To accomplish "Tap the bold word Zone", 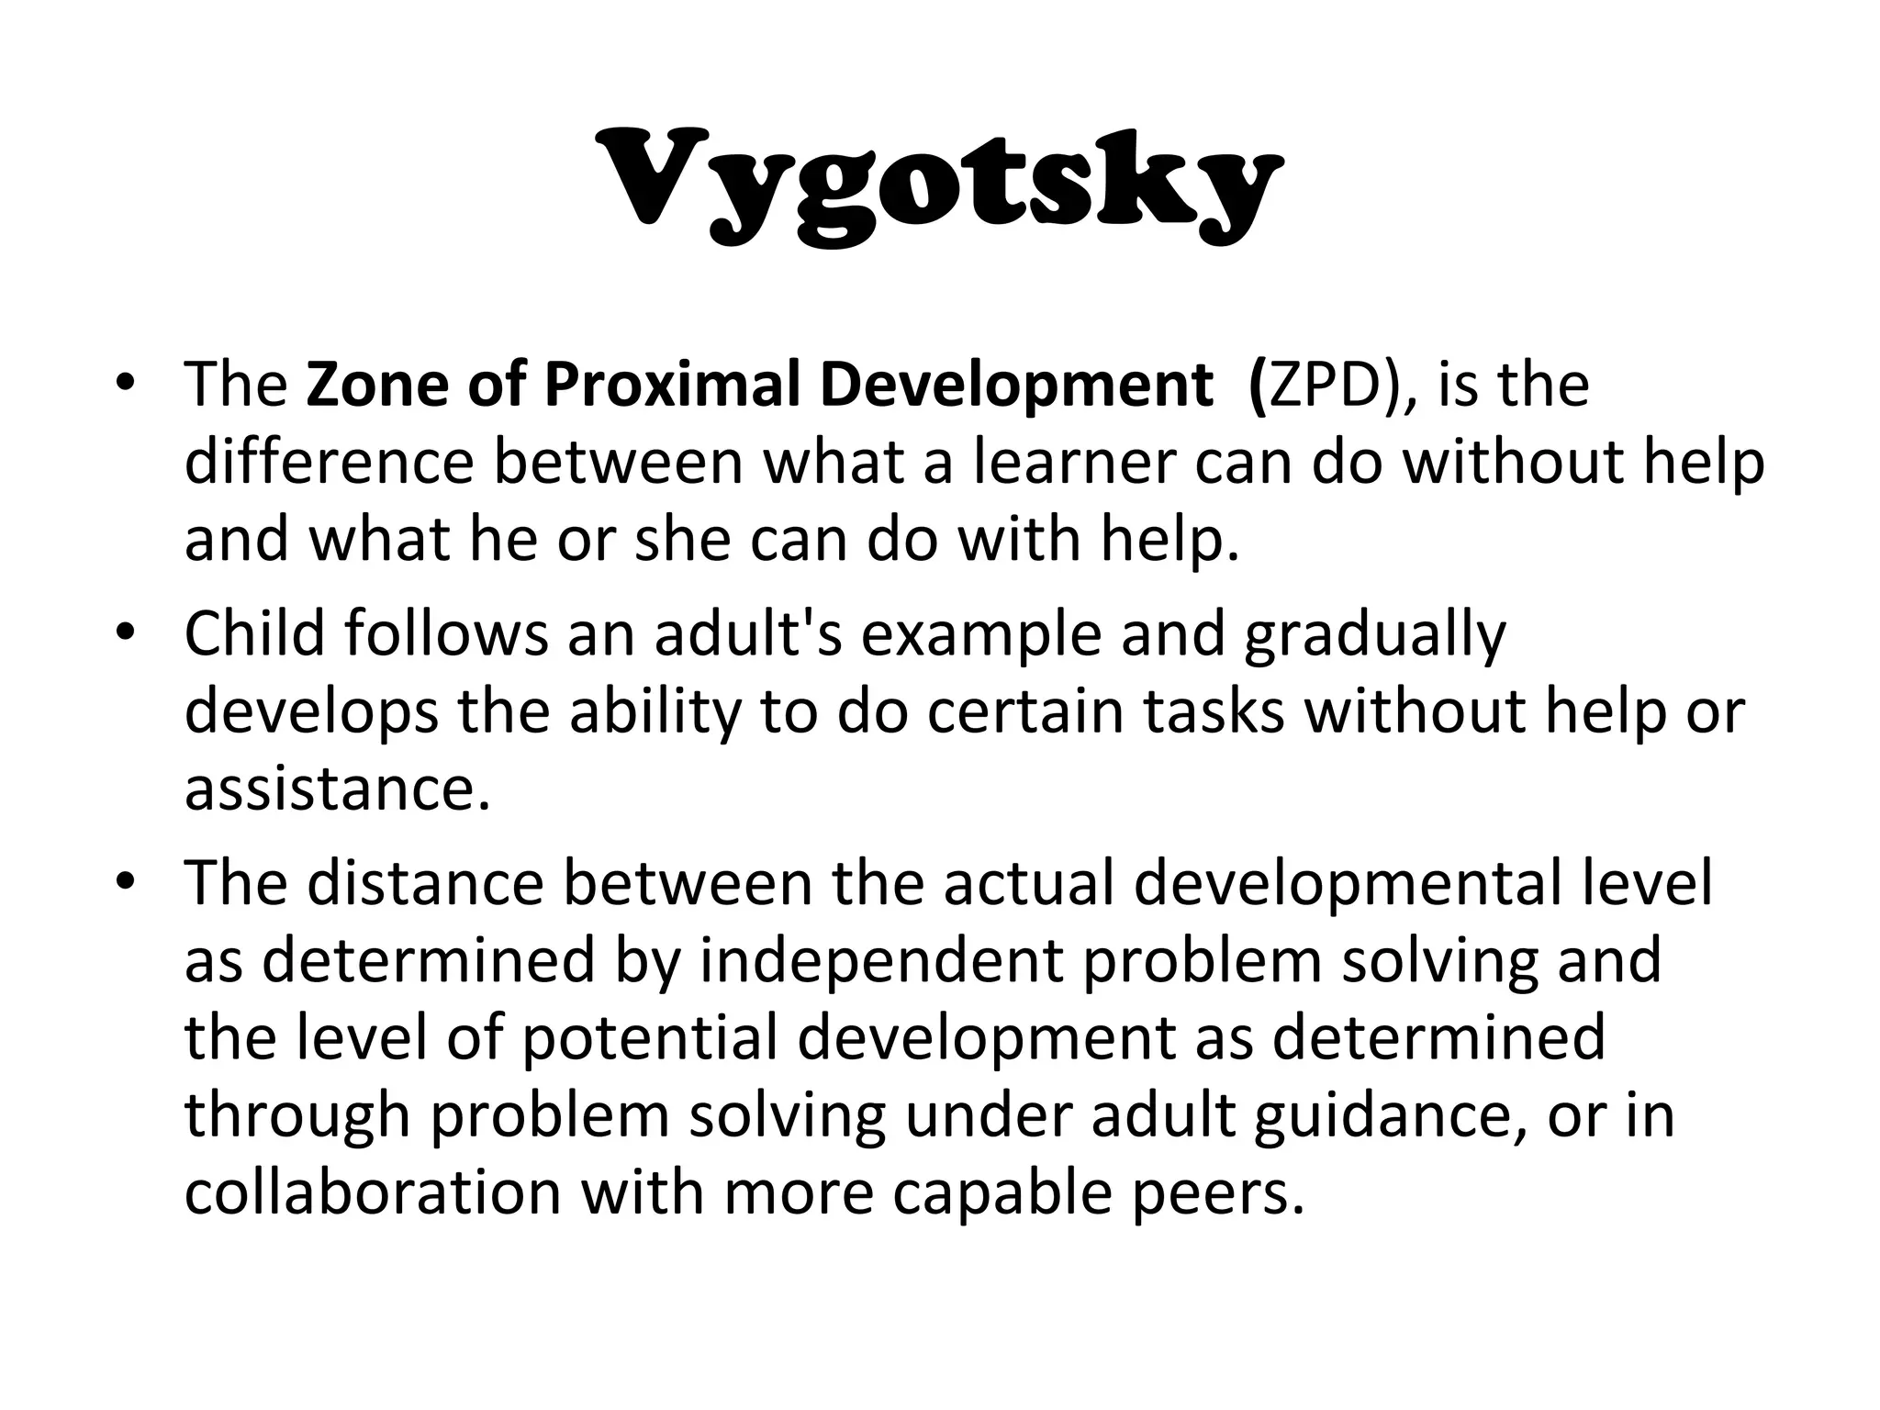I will point(377,384).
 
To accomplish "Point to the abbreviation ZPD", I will point(1325,384).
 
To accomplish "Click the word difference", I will point(329,462).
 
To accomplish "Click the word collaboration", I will point(372,1192).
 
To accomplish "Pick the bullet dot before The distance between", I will point(126,883).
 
